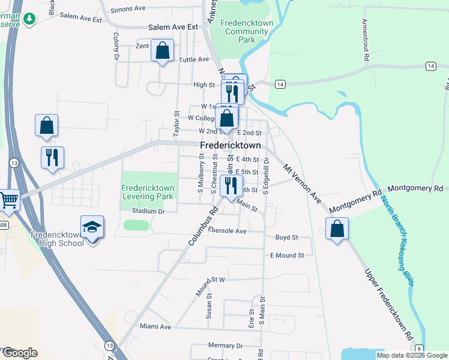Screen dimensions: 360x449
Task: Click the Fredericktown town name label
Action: [x=230, y=146]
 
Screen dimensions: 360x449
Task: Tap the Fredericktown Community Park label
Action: [x=246, y=31]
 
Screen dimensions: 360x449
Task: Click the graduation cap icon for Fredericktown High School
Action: [x=92, y=227]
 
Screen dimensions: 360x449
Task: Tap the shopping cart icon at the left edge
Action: [x=8, y=200]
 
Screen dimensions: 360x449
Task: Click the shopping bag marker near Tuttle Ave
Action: [x=162, y=51]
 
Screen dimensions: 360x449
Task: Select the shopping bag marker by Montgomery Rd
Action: [x=337, y=229]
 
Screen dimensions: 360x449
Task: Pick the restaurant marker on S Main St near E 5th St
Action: [x=231, y=185]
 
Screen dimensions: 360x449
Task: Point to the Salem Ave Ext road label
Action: [x=173, y=28]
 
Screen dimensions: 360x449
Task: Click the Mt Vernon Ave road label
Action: [x=303, y=182]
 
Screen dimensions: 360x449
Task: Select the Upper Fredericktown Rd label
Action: [x=390, y=311]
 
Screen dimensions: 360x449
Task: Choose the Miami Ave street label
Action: [x=155, y=327]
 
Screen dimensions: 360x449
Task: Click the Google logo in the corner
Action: [x=20, y=352]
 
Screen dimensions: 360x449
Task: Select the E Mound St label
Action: [x=287, y=256]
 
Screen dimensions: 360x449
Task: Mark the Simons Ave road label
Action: [x=128, y=9]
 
